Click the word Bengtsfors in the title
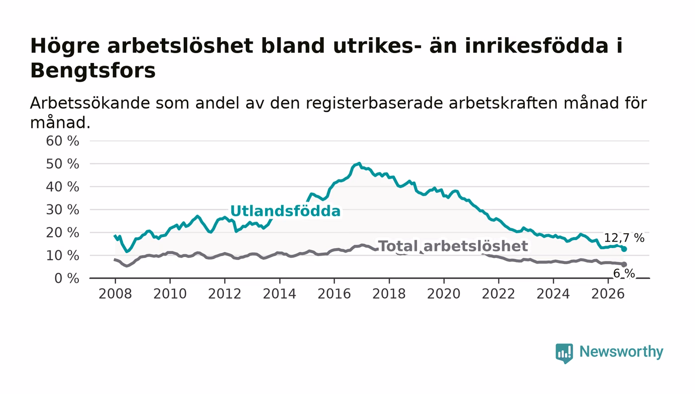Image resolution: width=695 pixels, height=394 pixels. (93, 71)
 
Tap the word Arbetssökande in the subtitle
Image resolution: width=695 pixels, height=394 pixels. (90, 103)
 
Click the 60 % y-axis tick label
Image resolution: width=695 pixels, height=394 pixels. (63, 141)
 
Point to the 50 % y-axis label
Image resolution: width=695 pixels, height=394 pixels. (63, 164)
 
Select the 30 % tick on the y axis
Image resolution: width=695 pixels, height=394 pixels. (63, 210)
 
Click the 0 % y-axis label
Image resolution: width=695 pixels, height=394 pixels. (67, 278)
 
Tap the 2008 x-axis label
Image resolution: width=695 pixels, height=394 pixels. (115, 294)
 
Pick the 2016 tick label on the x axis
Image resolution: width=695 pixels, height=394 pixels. (334, 294)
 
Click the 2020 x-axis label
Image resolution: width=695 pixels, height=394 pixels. (444, 294)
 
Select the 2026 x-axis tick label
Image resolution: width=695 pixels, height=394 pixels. (608, 294)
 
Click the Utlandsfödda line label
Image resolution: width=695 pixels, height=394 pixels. (285, 211)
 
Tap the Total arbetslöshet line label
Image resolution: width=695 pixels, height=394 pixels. (453, 246)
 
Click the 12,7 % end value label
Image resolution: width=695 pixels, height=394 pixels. (625, 238)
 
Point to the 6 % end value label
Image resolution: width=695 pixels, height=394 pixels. (625, 273)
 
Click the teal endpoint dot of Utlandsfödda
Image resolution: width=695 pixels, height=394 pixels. (624, 249)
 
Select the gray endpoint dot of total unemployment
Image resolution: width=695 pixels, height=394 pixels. (624, 264)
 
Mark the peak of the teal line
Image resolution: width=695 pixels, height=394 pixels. (359, 163)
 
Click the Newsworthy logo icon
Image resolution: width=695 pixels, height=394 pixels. (564, 353)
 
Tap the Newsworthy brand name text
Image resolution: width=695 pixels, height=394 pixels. (622, 352)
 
